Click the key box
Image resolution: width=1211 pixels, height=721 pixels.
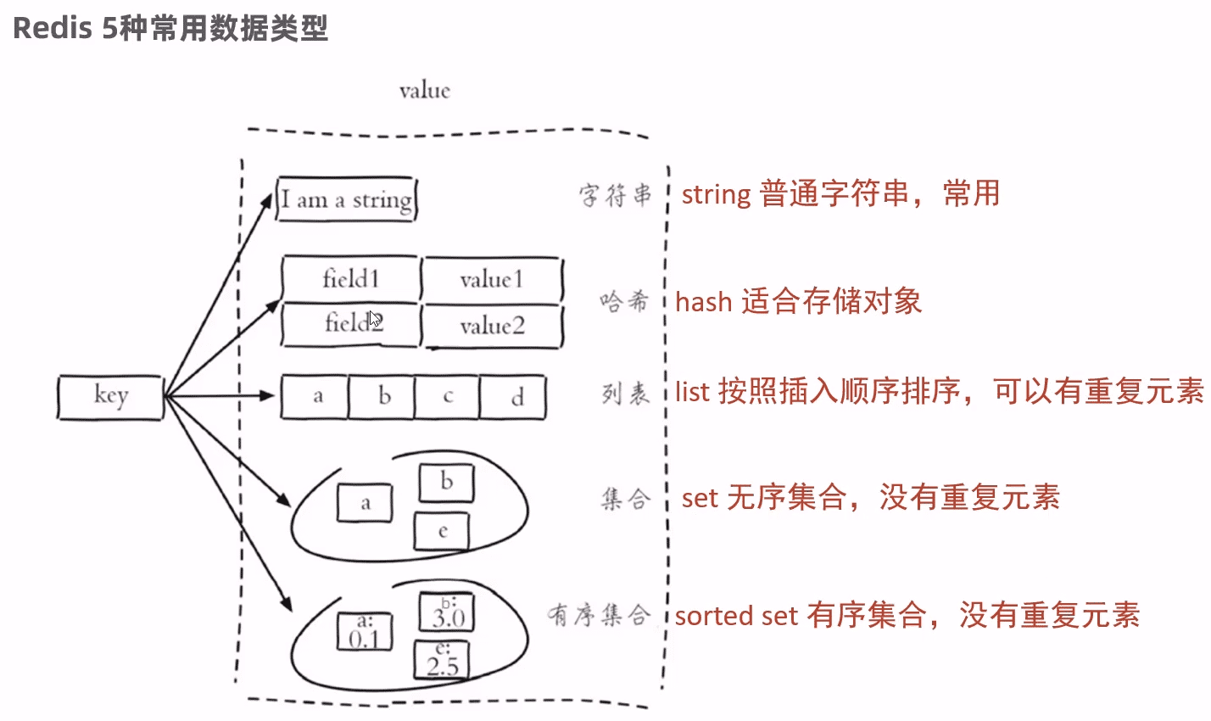pos(110,396)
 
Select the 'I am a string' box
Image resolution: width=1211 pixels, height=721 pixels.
pos(347,200)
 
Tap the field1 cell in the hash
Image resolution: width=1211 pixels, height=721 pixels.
pos(350,279)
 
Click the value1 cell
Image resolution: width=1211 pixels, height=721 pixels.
pos(492,280)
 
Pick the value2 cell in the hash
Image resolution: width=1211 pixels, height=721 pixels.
pos(492,326)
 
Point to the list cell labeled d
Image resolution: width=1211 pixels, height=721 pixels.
pos(514,397)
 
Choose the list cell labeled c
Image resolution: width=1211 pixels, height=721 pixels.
pos(448,397)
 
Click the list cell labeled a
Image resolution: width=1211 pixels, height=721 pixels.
pos(315,397)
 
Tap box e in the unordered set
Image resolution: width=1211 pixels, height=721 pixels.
pos(442,532)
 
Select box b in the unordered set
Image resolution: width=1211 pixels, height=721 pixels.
pos(446,482)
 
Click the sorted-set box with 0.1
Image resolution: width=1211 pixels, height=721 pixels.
pos(365,632)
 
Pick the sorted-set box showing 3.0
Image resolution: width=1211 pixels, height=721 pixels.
pos(447,612)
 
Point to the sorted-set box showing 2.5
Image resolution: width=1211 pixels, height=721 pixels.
pos(442,660)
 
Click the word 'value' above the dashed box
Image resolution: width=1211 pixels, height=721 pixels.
pos(424,91)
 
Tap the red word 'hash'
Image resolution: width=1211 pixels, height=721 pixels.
pos(703,302)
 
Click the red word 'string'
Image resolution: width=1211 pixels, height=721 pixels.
pos(716,194)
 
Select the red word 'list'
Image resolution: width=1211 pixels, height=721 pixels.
pos(692,391)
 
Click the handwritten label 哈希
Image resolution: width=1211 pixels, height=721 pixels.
pos(624,301)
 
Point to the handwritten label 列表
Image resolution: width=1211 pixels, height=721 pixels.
pos(625,394)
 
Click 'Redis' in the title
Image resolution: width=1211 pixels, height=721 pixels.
pos(52,28)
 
